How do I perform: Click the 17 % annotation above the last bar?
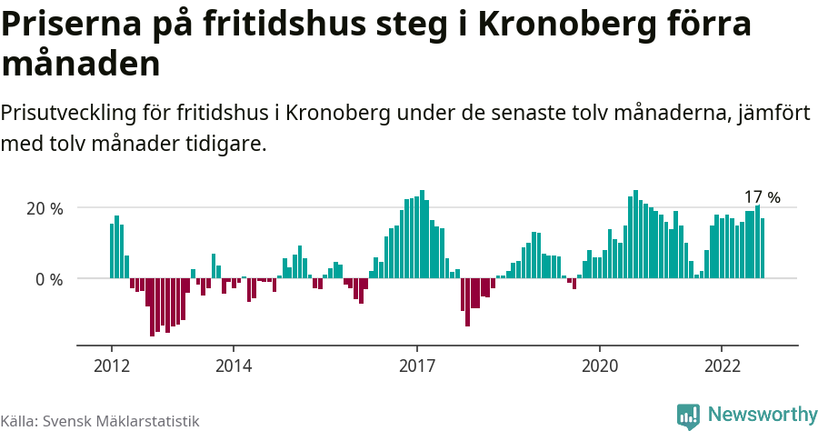(x=762, y=197)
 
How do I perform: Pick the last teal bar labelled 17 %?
(x=763, y=248)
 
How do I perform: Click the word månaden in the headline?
(x=81, y=65)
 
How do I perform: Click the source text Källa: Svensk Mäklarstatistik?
(x=100, y=421)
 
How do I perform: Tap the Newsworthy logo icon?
(x=688, y=416)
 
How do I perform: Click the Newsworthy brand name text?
(x=762, y=415)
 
